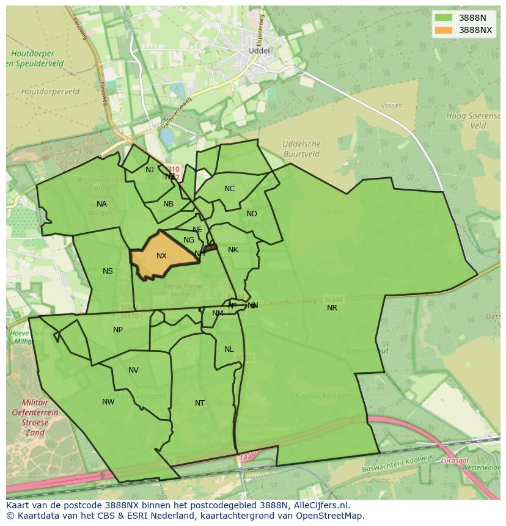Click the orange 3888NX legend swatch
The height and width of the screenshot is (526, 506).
pos(444,30)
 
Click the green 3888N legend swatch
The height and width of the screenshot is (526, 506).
pos(444,18)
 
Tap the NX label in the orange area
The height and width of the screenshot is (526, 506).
pos(161,256)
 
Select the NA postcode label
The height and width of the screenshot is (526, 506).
pos(101,204)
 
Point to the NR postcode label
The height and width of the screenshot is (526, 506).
pos(332,308)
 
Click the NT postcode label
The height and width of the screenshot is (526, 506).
pos(200,403)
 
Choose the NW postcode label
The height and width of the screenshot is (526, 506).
pos(108,402)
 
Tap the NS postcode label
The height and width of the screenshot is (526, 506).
pos(108,271)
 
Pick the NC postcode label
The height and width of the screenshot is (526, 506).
pos(229,189)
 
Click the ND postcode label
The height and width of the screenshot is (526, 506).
pos(252,214)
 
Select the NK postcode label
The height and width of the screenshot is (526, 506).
pos(233,250)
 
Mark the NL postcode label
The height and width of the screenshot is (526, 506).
pos(229,349)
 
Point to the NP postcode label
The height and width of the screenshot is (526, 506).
pos(118,330)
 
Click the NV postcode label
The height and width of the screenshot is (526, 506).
pos(133,370)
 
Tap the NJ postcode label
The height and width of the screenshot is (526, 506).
pos(150,170)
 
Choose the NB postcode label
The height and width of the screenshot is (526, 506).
pos(168,204)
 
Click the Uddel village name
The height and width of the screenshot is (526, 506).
pos(259,50)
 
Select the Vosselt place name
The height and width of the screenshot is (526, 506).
pos(392,106)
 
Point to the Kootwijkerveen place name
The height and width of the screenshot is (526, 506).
pos(323,396)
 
